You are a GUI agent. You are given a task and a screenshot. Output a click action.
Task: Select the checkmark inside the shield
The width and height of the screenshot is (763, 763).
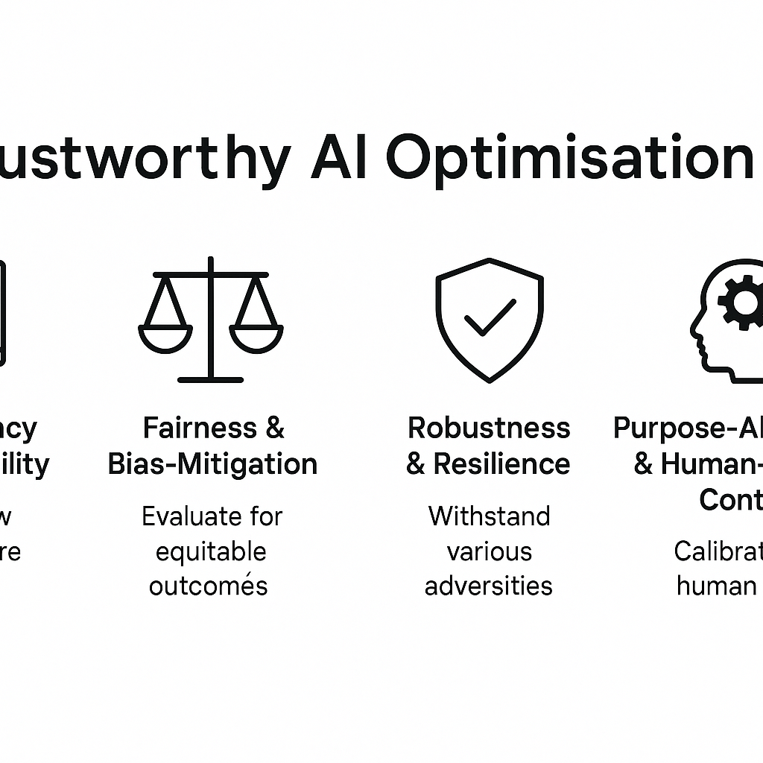pyautogui.click(x=490, y=318)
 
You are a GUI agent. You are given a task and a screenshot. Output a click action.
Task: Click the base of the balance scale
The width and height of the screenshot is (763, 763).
pyautogui.click(x=211, y=379)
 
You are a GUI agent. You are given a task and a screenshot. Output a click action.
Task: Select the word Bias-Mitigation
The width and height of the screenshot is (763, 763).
pyautogui.click(x=213, y=464)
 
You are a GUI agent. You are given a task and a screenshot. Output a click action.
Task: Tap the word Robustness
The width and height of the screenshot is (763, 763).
pyautogui.click(x=489, y=428)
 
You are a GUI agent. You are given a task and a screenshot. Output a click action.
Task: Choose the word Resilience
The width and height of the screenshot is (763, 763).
pyautogui.click(x=501, y=464)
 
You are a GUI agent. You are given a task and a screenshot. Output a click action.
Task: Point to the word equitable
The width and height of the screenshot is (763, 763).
pyautogui.click(x=211, y=552)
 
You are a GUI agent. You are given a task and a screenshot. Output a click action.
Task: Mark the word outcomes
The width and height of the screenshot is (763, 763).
pyautogui.click(x=208, y=586)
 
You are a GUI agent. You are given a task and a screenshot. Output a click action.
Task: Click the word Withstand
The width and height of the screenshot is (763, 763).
pyautogui.click(x=489, y=516)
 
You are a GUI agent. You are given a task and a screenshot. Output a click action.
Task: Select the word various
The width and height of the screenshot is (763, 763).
pyautogui.click(x=489, y=552)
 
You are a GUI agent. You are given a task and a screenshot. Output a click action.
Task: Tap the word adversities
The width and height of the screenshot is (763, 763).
pyautogui.click(x=489, y=586)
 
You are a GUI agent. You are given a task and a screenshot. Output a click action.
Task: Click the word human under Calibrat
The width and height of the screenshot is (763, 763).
pyautogui.click(x=716, y=586)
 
